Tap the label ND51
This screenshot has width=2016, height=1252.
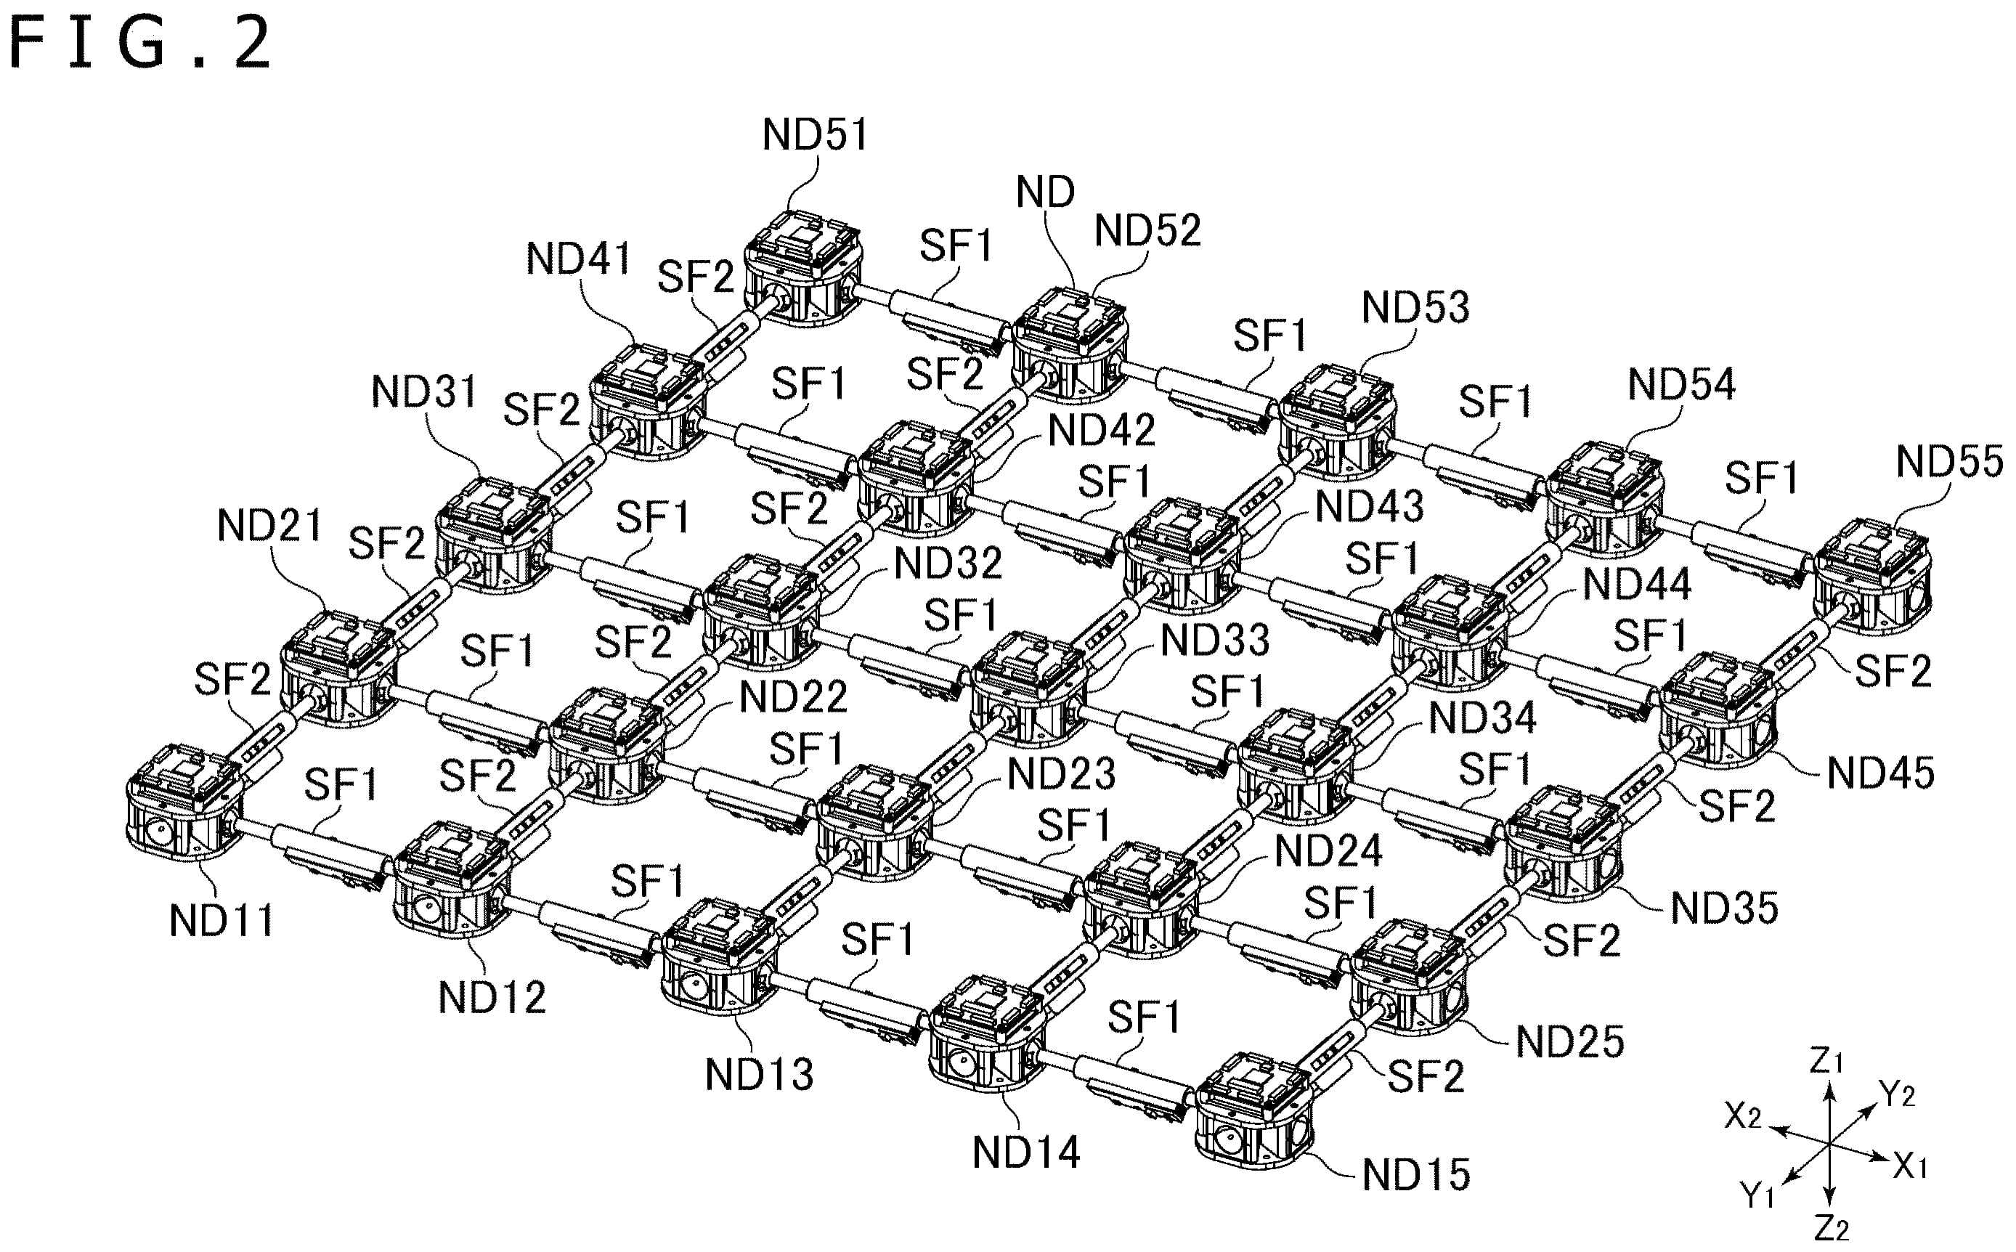(x=815, y=134)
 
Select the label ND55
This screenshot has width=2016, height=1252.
(x=1949, y=461)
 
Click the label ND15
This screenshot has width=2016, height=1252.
(x=1415, y=1175)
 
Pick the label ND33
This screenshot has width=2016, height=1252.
(x=1214, y=640)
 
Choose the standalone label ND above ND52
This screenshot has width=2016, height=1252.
(x=1045, y=192)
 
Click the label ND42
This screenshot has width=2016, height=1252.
(x=1101, y=430)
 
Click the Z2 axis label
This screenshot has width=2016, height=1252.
(x=1832, y=1229)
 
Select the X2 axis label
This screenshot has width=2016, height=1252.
(x=1743, y=1116)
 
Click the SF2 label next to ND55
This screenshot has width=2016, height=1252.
(x=1893, y=671)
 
